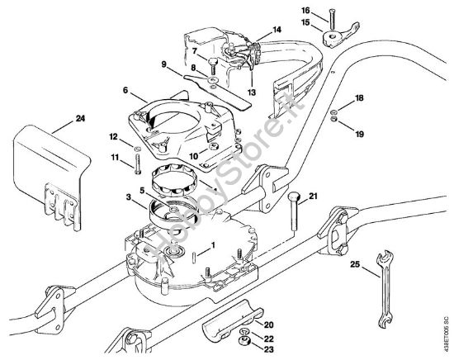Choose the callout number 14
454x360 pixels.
(277, 29)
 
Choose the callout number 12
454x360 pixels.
(114, 135)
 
